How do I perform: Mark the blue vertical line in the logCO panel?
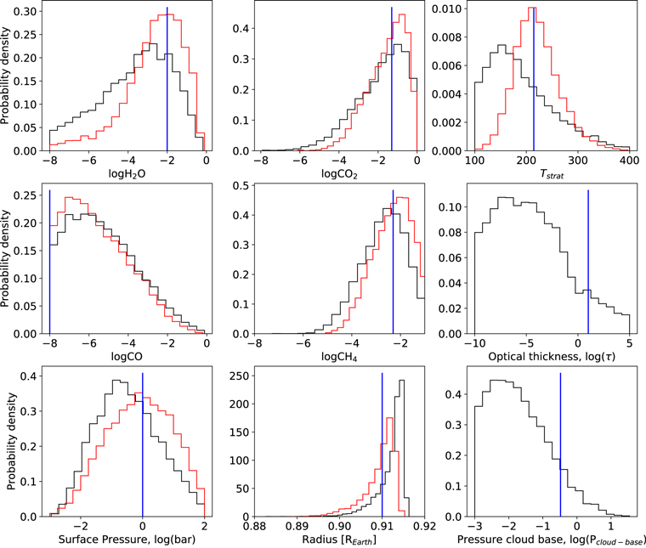(x=50, y=263)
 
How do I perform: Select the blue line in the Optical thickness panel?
(x=588, y=263)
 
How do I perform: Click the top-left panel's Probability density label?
(x=8, y=81)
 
